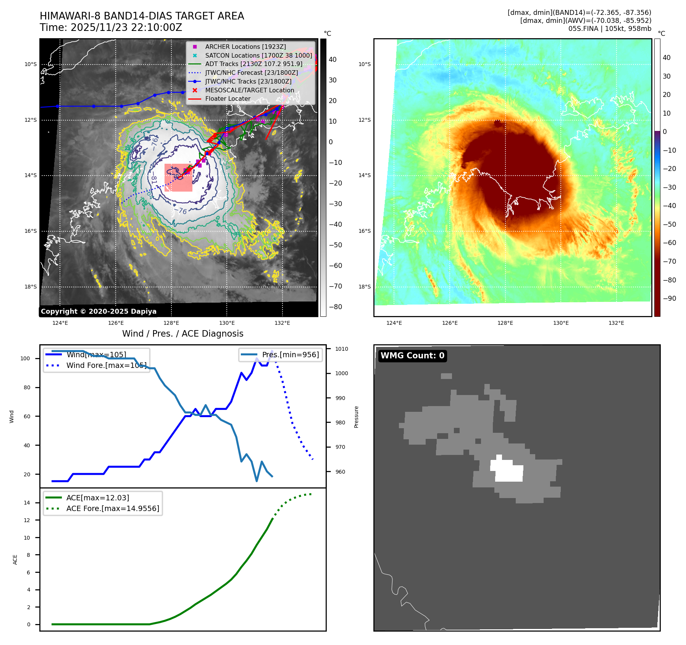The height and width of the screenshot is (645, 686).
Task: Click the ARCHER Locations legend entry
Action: [x=245, y=47]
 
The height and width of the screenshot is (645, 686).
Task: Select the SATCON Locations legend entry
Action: [x=258, y=55]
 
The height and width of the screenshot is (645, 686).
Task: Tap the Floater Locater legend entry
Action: [x=228, y=98]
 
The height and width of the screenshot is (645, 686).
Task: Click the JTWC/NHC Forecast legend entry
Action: [x=251, y=73]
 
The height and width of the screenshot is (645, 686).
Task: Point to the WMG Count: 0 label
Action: [x=412, y=356]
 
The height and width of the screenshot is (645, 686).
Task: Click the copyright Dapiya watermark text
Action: [x=98, y=311]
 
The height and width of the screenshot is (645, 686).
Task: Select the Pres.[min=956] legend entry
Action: [x=290, y=355]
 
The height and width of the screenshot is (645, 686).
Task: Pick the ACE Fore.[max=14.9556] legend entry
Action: [x=113, y=508]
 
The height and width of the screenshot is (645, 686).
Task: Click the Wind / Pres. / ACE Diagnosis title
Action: [x=182, y=334]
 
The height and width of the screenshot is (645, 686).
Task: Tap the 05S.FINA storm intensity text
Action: [x=610, y=29]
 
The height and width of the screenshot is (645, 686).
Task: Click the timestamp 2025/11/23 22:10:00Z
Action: [x=126, y=27]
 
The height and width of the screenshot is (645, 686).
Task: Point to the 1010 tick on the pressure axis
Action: [x=341, y=349]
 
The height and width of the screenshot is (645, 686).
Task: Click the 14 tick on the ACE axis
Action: [x=27, y=503]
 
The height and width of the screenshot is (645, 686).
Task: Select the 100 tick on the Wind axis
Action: [x=25, y=358]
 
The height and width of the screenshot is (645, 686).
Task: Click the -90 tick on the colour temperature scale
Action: [x=669, y=298]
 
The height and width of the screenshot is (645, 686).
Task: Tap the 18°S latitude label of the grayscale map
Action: [x=31, y=287]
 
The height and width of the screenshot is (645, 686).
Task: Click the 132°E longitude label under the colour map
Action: [x=616, y=323]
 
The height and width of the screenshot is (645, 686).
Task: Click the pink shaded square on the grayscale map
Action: [x=178, y=177]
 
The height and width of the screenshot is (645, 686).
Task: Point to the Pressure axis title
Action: [x=356, y=417]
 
